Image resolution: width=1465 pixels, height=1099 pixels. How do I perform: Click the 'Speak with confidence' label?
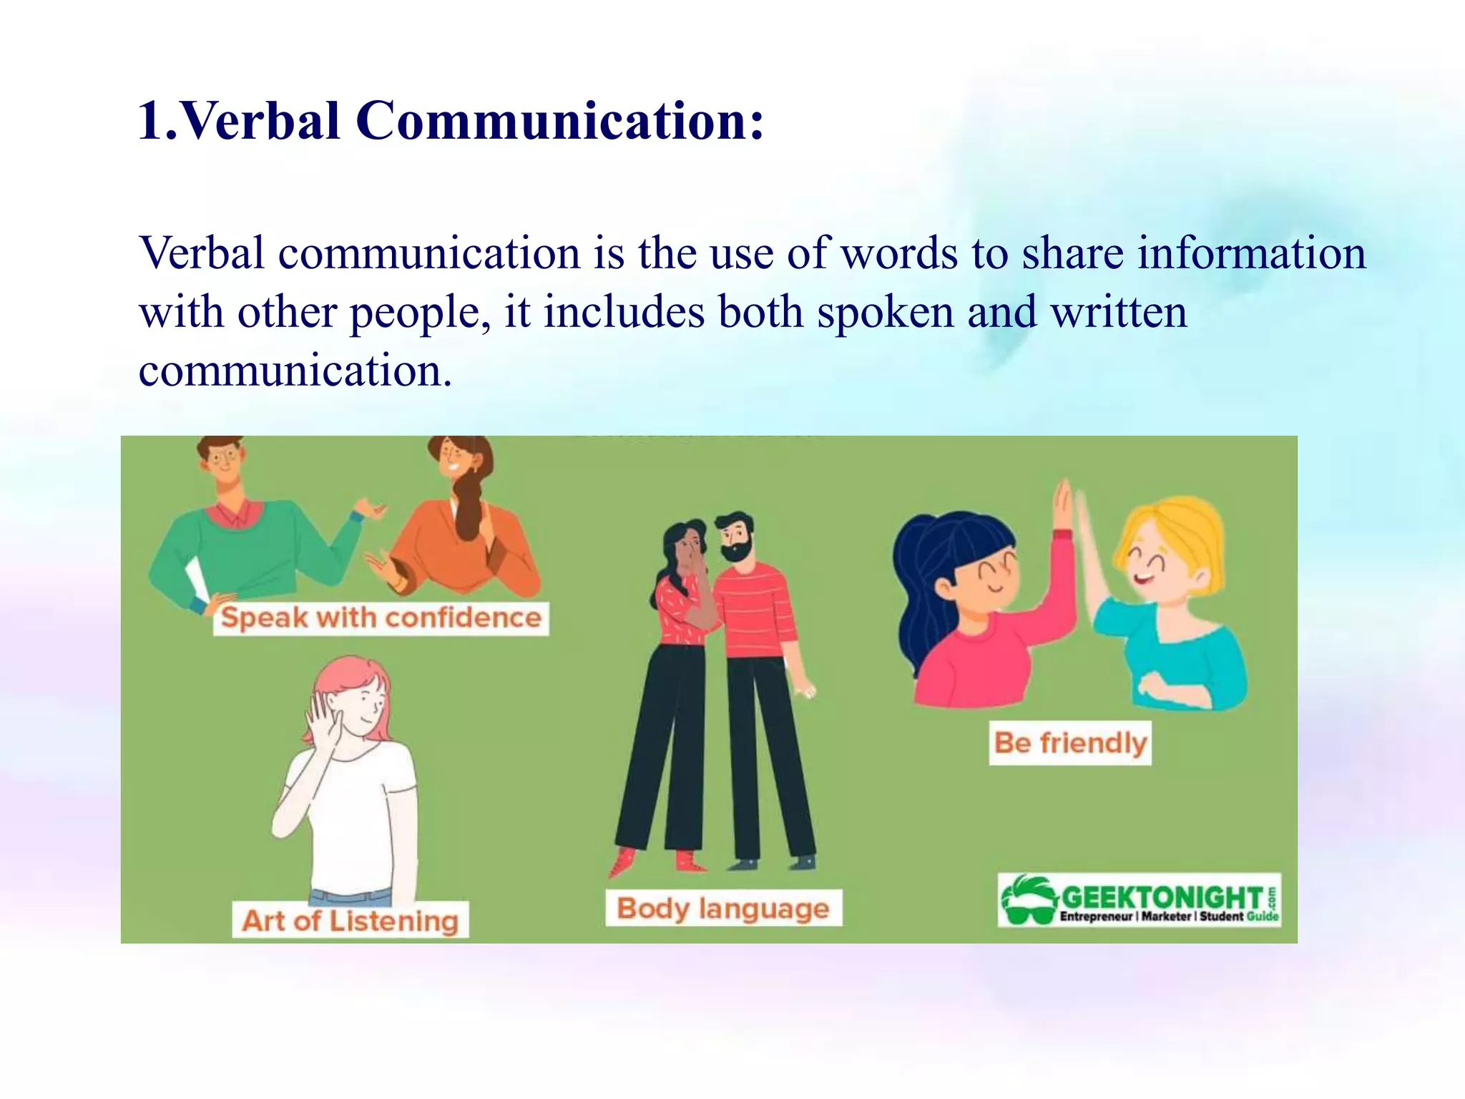click(x=381, y=617)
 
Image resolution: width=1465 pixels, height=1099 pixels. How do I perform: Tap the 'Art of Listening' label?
click(x=350, y=920)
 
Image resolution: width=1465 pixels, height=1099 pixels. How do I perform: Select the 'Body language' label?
click(x=723, y=908)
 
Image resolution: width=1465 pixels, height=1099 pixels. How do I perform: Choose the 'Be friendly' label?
click(x=1070, y=743)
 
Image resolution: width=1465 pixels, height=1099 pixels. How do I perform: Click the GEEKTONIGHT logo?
click(x=1139, y=900)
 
